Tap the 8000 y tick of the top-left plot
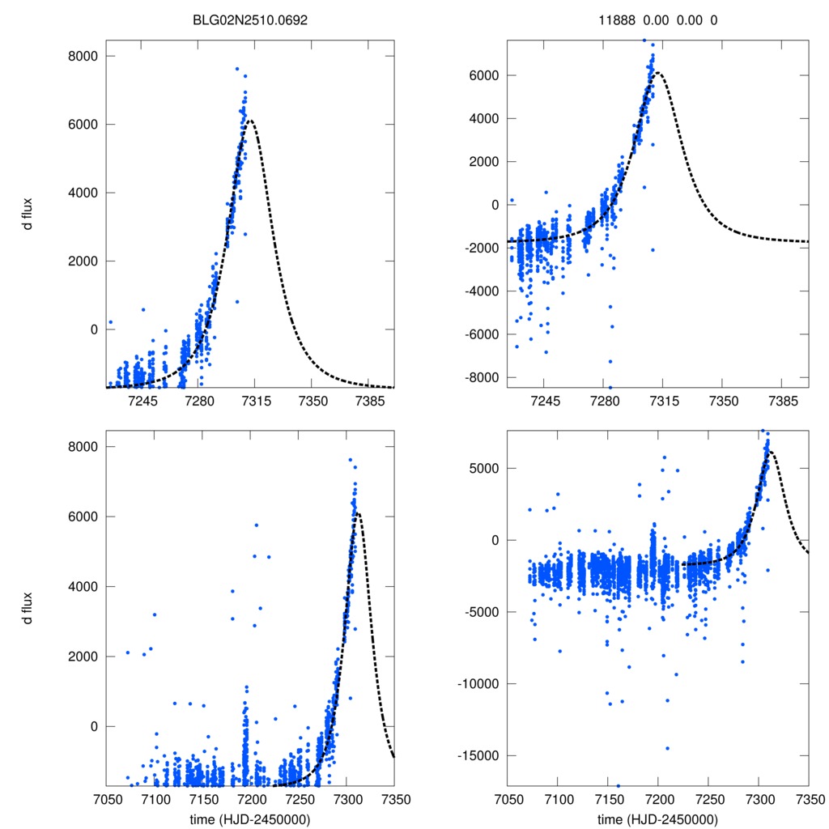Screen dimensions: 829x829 pyautogui.click(x=82, y=56)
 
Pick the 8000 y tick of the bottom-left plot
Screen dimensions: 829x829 pyautogui.click(x=82, y=447)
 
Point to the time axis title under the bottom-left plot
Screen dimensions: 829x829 pyautogui.click(x=250, y=818)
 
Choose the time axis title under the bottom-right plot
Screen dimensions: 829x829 pyautogui.click(x=657, y=818)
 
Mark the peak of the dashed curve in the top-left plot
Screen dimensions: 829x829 pyautogui.click(x=251, y=121)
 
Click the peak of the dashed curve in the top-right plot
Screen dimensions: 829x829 pyautogui.click(x=659, y=73)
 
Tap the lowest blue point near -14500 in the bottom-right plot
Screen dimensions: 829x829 pyautogui.click(x=668, y=748)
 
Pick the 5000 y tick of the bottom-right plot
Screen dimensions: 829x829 pyautogui.click(x=481, y=468)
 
